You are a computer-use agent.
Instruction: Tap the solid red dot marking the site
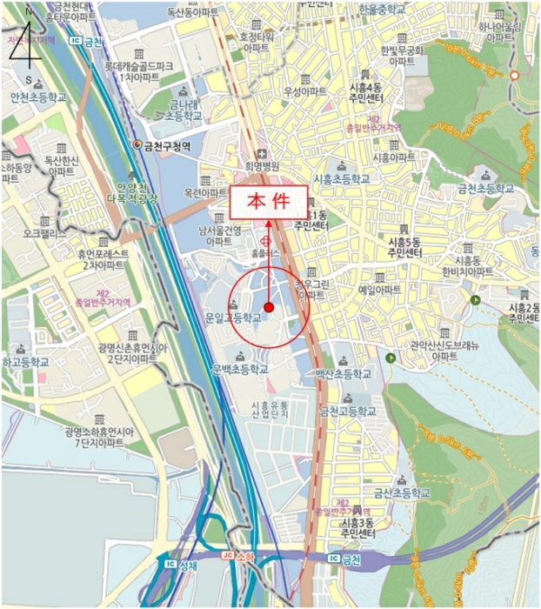point(269,307)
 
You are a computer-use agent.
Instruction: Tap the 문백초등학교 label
point(240,369)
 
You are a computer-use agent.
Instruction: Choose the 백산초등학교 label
point(343,373)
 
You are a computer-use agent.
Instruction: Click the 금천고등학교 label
point(348,411)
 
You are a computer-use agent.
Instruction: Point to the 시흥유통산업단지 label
point(269,411)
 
